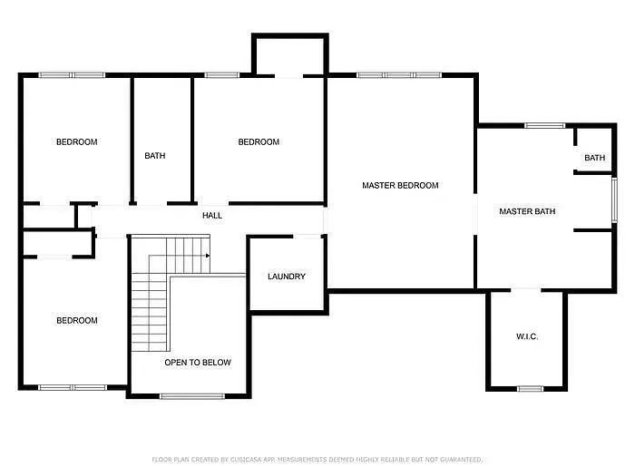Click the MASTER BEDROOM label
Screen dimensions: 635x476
[400, 185]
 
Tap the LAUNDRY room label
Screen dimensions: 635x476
[287, 277]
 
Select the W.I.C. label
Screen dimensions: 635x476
[527, 336]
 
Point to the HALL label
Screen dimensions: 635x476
[212, 216]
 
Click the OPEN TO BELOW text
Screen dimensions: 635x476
[198, 363]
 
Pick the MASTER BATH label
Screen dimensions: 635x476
[527, 211]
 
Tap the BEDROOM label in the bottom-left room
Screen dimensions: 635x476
[77, 321]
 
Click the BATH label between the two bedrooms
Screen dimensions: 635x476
[155, 155]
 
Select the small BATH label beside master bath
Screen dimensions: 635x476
[594, 158]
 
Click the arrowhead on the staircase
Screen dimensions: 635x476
[208, 256]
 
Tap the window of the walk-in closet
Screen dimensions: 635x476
[530, 389]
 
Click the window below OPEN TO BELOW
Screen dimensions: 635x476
[192, 396]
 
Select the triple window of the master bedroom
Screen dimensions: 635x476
[399, 75]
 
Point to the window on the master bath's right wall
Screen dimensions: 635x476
[614, 200]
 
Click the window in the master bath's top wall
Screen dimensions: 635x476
[544, 125]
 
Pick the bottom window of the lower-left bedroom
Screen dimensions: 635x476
[72, 387]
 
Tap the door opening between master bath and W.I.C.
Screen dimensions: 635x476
[525, 290]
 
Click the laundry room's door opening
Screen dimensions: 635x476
[307, 236]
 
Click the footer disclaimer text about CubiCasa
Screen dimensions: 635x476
[317, 460]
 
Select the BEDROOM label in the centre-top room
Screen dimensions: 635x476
[259, 142]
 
